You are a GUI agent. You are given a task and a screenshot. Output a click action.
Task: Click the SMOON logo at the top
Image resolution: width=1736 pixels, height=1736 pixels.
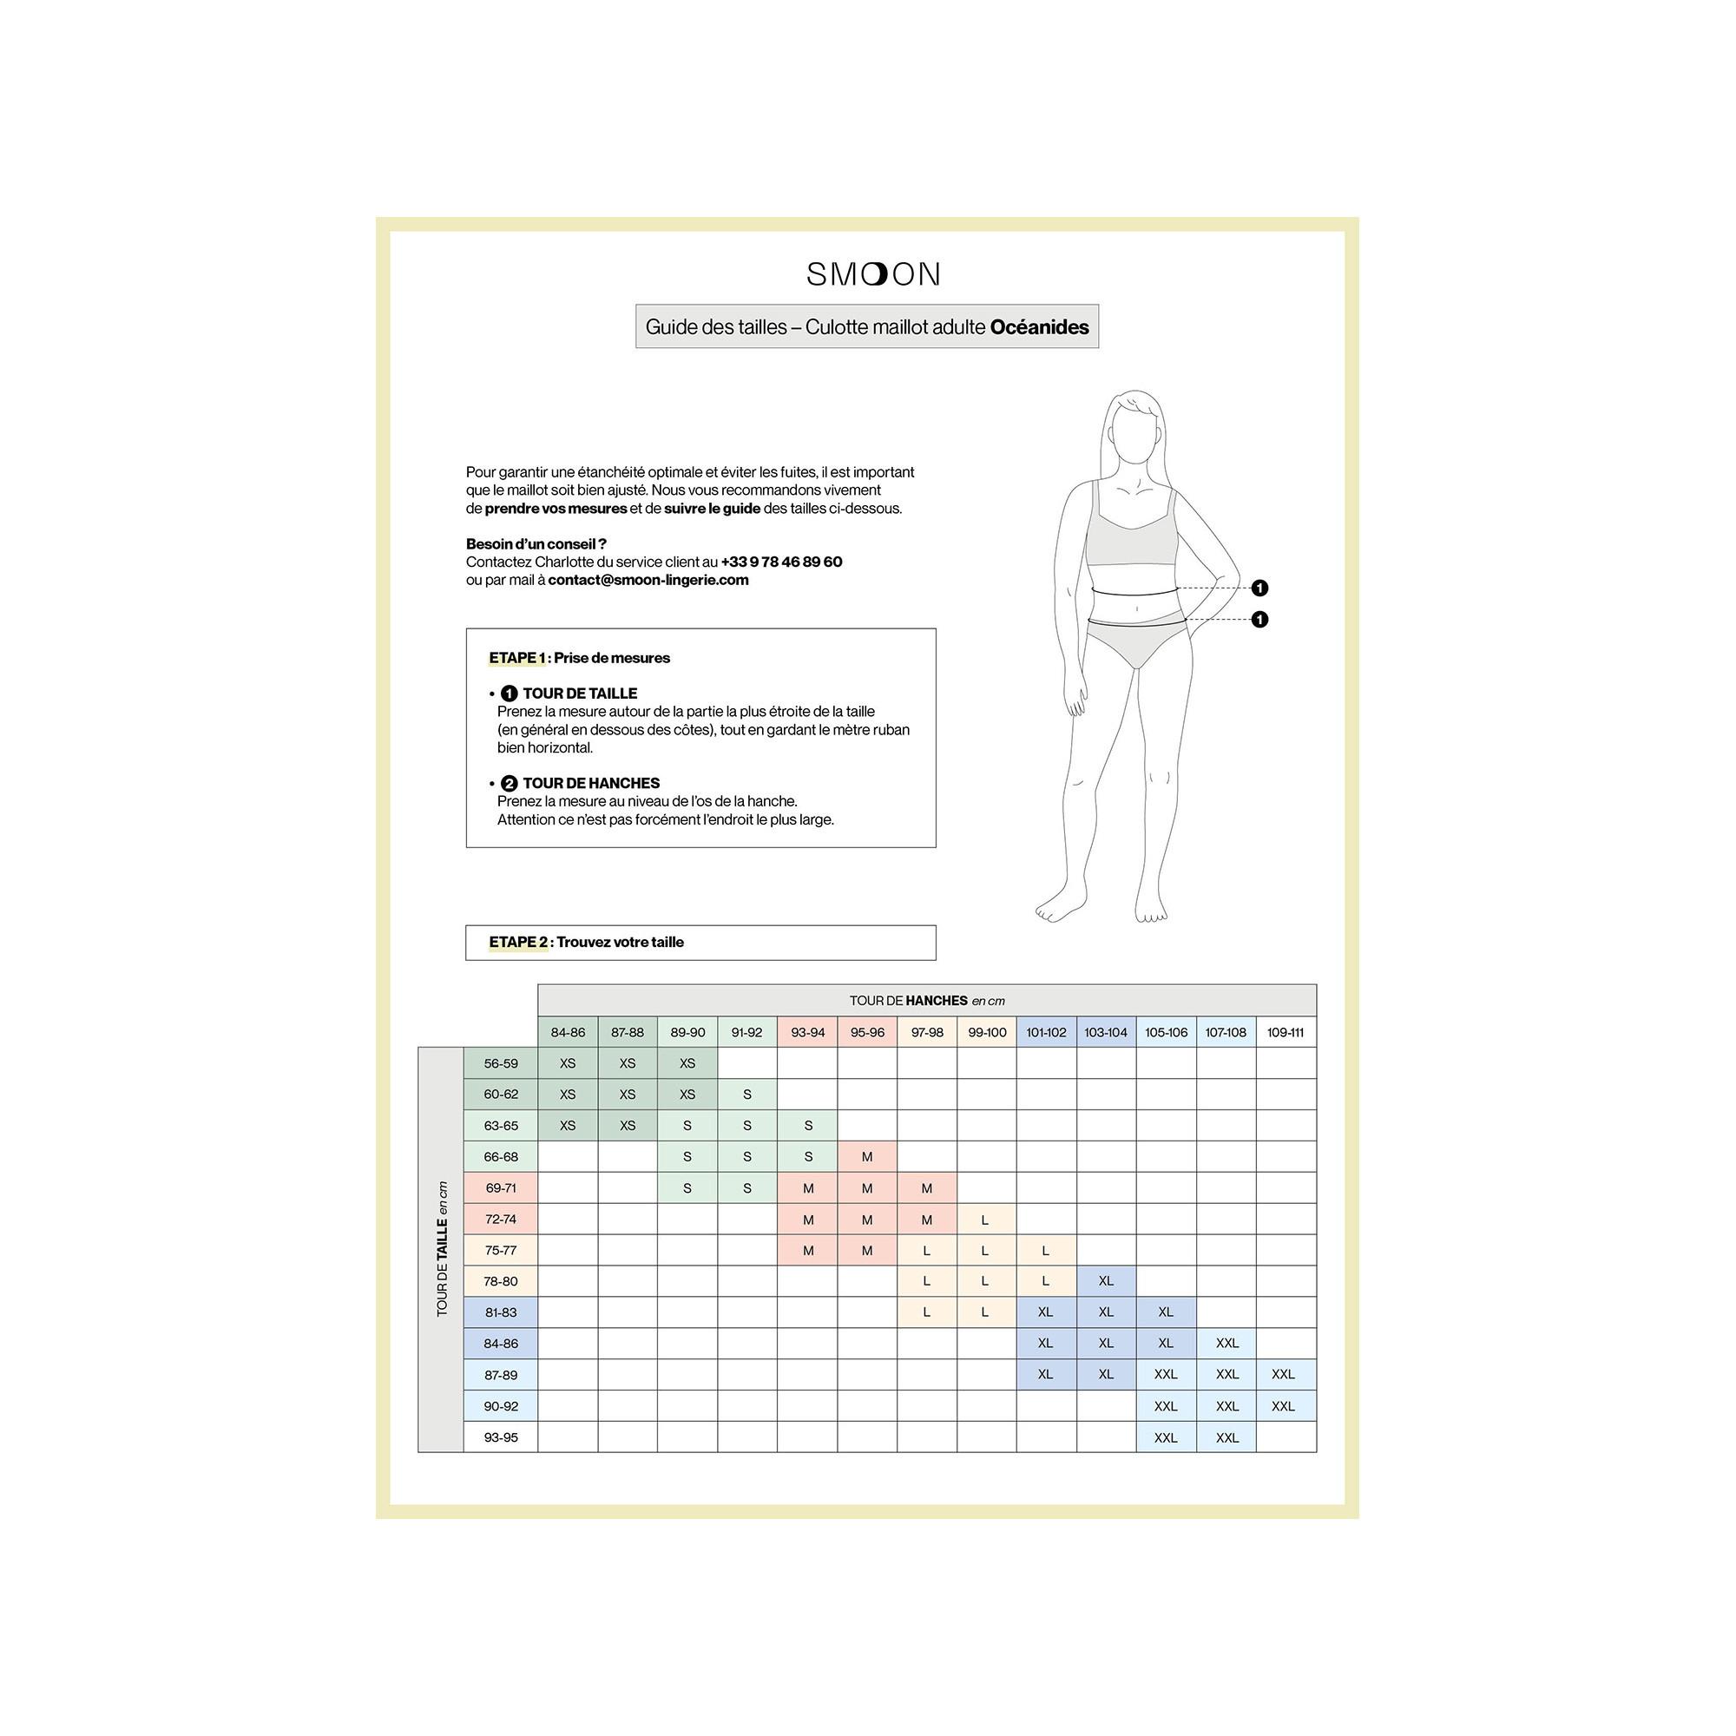click(x=872, y=274)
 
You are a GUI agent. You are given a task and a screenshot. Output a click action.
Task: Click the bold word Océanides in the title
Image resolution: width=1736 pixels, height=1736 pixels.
click(x=1039, y=327)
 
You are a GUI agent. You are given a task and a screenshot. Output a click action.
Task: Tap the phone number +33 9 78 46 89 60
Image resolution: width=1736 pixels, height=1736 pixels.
click(x=781, y=562)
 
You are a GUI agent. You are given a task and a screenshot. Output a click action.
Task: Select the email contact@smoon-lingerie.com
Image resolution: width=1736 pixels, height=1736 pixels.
click(x=648, y=580)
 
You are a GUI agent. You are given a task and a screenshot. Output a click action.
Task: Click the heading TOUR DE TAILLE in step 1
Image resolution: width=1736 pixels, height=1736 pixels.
click(x=580, y=694)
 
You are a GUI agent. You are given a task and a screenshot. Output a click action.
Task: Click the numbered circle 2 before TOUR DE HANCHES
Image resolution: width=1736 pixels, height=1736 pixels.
click(x=510, y=784)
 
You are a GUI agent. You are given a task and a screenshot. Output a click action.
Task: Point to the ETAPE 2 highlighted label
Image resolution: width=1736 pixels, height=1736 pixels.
click(x=518, y=942)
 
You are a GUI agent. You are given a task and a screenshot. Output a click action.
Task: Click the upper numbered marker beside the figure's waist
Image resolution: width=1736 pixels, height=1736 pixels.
click(x=1259, y=588)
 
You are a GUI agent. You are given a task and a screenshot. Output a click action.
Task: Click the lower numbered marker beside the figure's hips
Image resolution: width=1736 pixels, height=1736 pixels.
click(x=1259, y=619)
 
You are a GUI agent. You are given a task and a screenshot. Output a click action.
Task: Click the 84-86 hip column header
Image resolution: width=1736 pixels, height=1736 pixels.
click(x=567, y=1032)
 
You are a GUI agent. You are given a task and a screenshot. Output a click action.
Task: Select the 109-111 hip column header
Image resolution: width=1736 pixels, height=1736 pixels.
click(x=1285, y=1032)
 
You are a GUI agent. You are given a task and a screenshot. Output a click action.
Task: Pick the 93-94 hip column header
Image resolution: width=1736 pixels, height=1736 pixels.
click(x=807, y=1032)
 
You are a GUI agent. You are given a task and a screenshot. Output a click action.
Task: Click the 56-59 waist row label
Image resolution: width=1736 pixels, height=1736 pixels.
click(x=501, y=1063)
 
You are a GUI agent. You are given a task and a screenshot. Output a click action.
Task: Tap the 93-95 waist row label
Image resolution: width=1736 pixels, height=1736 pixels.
click(x=501, y=1437)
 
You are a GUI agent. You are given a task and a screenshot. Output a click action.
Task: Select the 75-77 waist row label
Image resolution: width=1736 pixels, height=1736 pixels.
click(x=501, y=1250)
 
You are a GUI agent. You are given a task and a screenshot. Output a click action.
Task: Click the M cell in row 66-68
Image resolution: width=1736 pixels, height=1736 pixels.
click(x=866, y=1156)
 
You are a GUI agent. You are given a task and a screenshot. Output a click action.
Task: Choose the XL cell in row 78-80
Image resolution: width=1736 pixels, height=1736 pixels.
click(x=1105, y=1280)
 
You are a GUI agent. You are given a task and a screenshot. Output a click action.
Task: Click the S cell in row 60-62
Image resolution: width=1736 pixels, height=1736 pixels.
click(x=746, y=1095)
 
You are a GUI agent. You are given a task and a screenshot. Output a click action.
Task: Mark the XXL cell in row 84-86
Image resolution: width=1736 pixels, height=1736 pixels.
click(x=1226, y=1343)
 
